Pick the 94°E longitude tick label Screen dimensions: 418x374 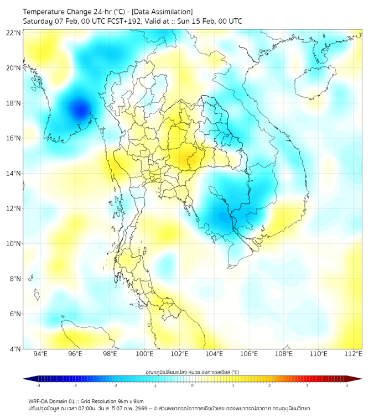point(40,354)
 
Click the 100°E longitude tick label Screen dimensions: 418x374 point(144,354)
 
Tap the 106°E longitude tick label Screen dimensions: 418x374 point(249,354)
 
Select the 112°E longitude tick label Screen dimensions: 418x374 point(354,354)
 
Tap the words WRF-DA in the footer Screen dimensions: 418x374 point(38,401)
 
